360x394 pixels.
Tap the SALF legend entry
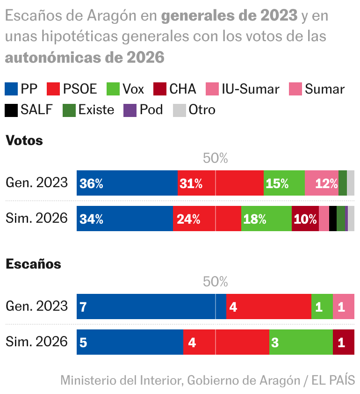coord(29,110)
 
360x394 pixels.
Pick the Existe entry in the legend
coord(88,110)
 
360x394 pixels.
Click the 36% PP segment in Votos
coord(127,183)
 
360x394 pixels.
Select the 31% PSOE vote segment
coord(220,183)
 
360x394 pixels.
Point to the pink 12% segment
coord(321,183)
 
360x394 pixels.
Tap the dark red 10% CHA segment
coord(305,219)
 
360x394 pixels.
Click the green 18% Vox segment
coord(266,219)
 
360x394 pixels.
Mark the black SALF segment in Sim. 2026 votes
coord(333,219)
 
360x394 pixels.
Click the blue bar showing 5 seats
coord(130,343)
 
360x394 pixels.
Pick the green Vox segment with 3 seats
coord(301,343)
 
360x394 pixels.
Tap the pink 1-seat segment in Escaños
coord(343,307)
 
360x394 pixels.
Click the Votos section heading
coord(24,140)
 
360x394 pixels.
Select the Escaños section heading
coord(33,264)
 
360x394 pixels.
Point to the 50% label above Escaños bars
coord(216,282)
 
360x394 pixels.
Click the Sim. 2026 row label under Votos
coord(36,219)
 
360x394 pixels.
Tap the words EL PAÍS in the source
coord(334,380)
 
